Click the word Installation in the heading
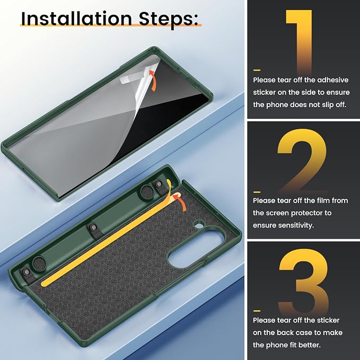tap(76, 19)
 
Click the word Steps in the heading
tap(169, 20)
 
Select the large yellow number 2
tap(302, 161)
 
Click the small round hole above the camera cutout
tap(199, 225)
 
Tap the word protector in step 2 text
tap(303, 214)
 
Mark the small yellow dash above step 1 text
tap(257, 70)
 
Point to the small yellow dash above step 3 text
tap(257, 311)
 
